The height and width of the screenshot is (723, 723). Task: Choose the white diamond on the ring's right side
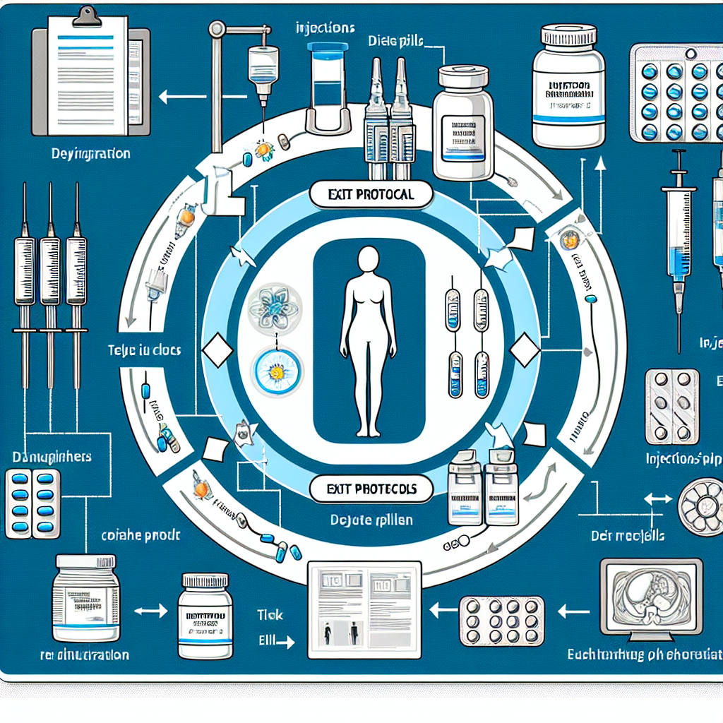tap(525, 351)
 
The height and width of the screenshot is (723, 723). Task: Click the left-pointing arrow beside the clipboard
tap(172, 97)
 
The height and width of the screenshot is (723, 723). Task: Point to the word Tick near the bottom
tap(270, 615)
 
